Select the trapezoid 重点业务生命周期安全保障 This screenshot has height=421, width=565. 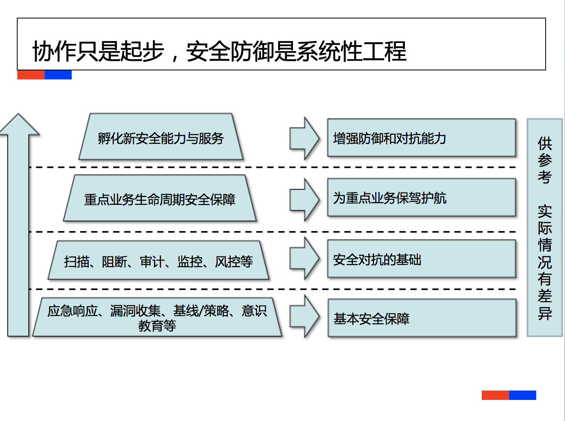[160, 198]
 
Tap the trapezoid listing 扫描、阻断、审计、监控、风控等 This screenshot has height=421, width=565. [158, 261]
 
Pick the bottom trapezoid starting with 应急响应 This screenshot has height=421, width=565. [157, 318]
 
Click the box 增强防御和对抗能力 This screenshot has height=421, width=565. [422, 138]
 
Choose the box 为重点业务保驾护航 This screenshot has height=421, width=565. [422, 198]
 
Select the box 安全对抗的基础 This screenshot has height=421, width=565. [422, 259]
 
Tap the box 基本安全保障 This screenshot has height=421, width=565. [422, 318]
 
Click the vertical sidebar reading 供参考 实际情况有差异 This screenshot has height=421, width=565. [544, 228]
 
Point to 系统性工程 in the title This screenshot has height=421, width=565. [351, 52]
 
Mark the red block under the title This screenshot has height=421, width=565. [31, 75]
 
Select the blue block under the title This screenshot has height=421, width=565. [58, 75]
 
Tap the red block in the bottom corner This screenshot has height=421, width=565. [495, 395]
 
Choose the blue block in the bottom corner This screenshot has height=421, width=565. [522, 395]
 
